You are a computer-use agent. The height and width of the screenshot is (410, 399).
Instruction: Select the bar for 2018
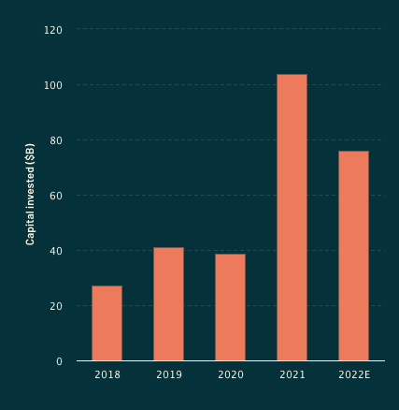(x=107, y=323)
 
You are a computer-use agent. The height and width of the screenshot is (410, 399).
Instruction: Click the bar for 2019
(x=168, y=304)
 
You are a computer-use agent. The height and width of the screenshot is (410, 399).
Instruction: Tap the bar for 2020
(x=230, y=307)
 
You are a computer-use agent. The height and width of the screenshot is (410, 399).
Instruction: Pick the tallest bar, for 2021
(x=292, y=217)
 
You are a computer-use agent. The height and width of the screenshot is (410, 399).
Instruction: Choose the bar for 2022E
(x=353, y=256)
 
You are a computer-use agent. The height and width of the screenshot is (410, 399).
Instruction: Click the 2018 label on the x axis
(x=107, y=375)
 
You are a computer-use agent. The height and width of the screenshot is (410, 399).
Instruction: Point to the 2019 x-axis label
(x=168, y=375)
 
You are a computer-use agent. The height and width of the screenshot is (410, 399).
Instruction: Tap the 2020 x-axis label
(x=230, y=375)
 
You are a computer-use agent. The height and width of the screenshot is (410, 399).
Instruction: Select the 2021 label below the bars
(x=292, y=375)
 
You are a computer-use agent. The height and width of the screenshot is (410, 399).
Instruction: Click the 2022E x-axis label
(x=353, y=375)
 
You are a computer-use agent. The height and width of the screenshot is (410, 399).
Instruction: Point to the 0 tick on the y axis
(x=59, y=361)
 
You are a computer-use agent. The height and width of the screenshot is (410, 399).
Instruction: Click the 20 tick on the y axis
(x=56, y=306)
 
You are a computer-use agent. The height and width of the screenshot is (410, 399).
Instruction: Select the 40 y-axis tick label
(x=56, y=251)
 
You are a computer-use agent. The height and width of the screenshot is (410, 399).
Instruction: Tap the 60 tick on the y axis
(x=56, y=196)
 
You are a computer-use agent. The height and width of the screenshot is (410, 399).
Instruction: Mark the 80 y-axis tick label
(x=56, y=140)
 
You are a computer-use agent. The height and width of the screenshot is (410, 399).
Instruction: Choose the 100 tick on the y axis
(x=53, y=85)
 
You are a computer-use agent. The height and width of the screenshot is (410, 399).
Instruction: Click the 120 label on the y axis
(x=53, y=30)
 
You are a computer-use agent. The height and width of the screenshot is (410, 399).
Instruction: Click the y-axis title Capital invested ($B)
(x=31, y=195)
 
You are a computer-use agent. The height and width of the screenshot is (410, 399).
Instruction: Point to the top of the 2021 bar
(x=292, y=75)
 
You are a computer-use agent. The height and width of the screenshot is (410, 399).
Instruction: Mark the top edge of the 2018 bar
(x=107, y=286)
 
